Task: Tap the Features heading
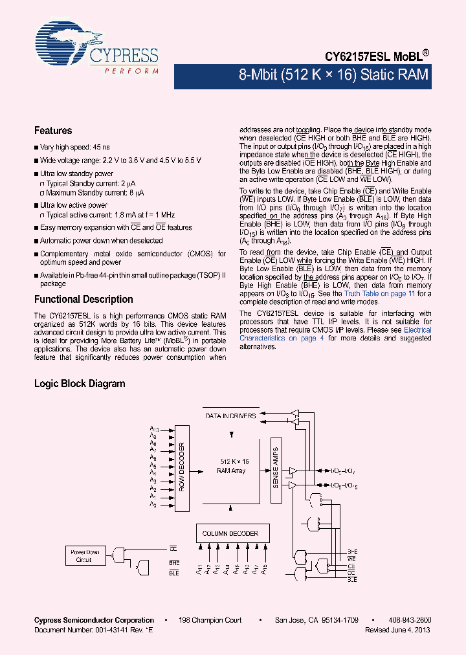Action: tap(53, 131)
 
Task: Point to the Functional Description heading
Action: tap(83, 300)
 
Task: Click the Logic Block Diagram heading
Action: tap(80, 384)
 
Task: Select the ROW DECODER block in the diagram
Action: tap(183, 468)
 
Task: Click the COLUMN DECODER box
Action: tap(230, 533)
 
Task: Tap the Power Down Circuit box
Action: tap(84, 555)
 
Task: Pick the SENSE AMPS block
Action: tap(274, 467)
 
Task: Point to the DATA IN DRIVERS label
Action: tap(230, 416)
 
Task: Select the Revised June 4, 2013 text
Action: tap(397, 630)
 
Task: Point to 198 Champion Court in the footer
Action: tap(210, 620)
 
